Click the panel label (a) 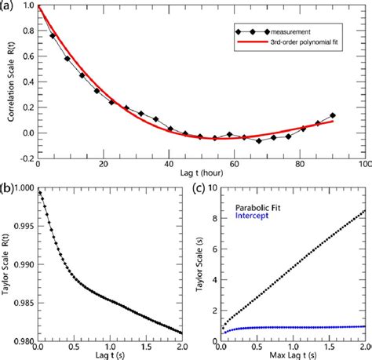[8, 7]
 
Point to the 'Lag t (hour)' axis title [201, 173]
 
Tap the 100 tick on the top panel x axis [362, 163]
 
